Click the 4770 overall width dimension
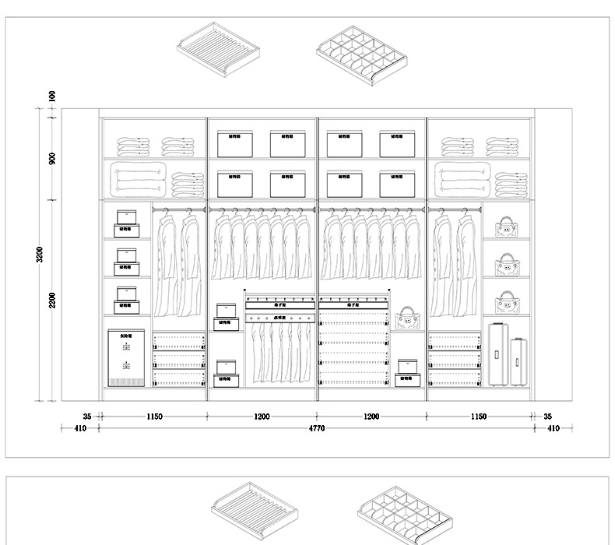(316, 428)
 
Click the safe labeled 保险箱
(125, 357)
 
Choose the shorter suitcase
(519, 362)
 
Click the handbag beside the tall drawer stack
(407, 318)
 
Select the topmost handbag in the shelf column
(506, 227)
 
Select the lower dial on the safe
(125, 366)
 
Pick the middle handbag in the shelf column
(506, 265)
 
